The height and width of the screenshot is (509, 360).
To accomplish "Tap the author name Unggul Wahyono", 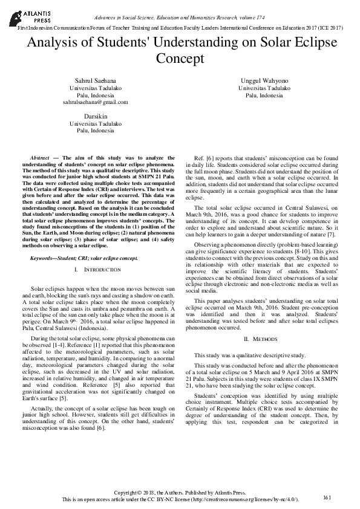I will (x=264, y=80).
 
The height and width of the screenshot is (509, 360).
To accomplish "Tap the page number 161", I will (x=327, y=497).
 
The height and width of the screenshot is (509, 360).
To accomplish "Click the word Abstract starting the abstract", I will (x=41, y=157).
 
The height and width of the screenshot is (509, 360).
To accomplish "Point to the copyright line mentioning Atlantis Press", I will (x=180, y=493).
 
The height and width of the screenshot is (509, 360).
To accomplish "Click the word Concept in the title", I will (x=180, y=59).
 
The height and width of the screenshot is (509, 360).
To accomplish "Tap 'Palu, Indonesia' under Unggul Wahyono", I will (x=264, y=95).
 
